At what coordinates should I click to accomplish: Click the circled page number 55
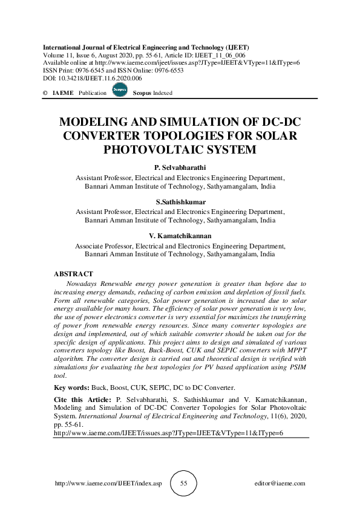tap(184, 484)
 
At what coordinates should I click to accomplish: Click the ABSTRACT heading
tap(73, 274)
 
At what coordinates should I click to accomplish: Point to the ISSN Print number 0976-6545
tap(91, 70)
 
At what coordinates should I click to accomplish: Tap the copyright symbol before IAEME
tap(45, 93)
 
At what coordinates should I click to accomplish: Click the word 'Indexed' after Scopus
tap(162, 93)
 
